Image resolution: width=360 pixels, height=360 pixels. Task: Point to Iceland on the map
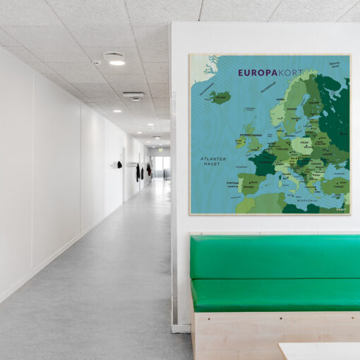(x=220, y=97)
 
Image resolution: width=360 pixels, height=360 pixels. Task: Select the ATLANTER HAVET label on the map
(x=212, y=162)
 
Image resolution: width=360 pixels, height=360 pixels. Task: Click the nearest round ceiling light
(x=116, y=61)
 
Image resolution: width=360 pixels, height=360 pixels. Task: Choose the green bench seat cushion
(x=275, y=295)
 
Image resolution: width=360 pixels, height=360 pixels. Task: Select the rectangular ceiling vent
(x=133, y=94)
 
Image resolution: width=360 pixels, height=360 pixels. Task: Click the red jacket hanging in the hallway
(x=148, y=169)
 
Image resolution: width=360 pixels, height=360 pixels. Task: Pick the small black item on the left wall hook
(x=119, y=164)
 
